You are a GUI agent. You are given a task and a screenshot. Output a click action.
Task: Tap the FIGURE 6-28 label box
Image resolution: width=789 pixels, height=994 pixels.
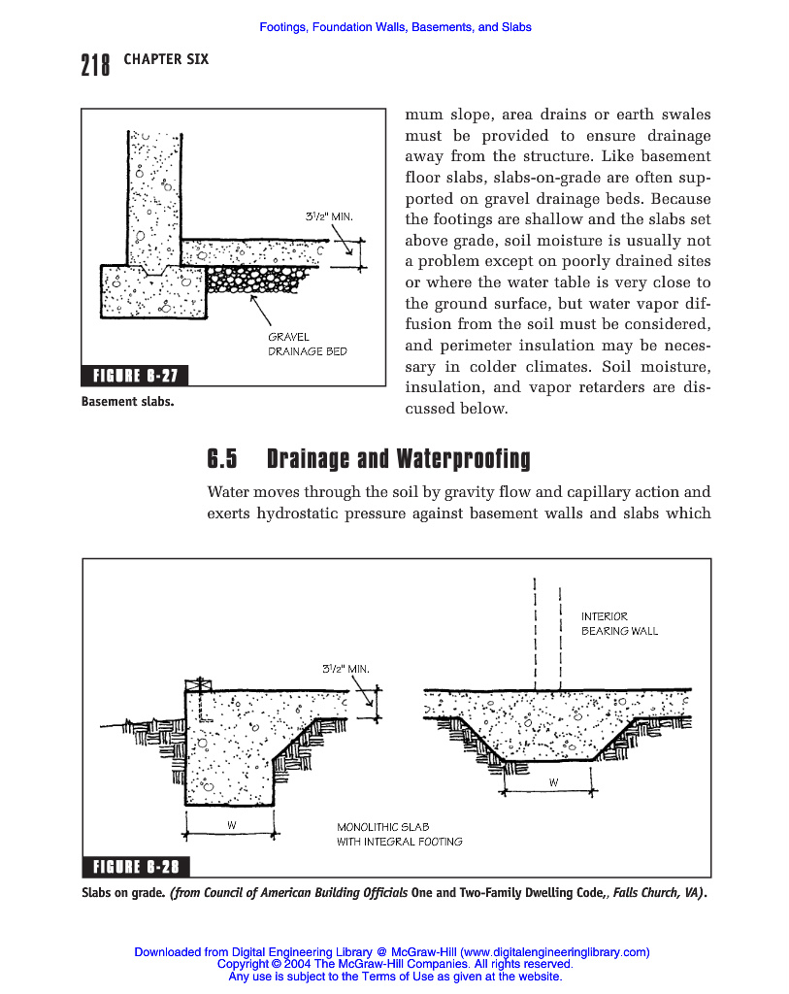(136, 867)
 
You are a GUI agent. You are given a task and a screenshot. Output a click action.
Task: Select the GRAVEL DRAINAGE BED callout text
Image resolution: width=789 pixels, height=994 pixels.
(307, 344)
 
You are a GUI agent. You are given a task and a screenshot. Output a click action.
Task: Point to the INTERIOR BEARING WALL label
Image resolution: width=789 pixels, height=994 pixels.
(619, 623)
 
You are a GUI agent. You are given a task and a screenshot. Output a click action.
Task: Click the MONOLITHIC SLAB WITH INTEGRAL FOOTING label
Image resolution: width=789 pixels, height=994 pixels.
(399, 834)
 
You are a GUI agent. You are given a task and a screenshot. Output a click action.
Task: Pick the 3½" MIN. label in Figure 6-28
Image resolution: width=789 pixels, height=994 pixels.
(345, 668)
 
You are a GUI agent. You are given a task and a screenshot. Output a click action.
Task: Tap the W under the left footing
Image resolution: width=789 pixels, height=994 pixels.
(232, 825)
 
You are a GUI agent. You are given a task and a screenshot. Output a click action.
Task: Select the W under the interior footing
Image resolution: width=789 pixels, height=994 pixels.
(553, 781)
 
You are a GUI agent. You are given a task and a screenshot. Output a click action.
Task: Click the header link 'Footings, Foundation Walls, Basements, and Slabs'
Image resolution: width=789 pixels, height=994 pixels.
(395, 27)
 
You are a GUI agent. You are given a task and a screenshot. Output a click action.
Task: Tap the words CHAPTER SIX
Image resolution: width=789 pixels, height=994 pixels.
(166, 59)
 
